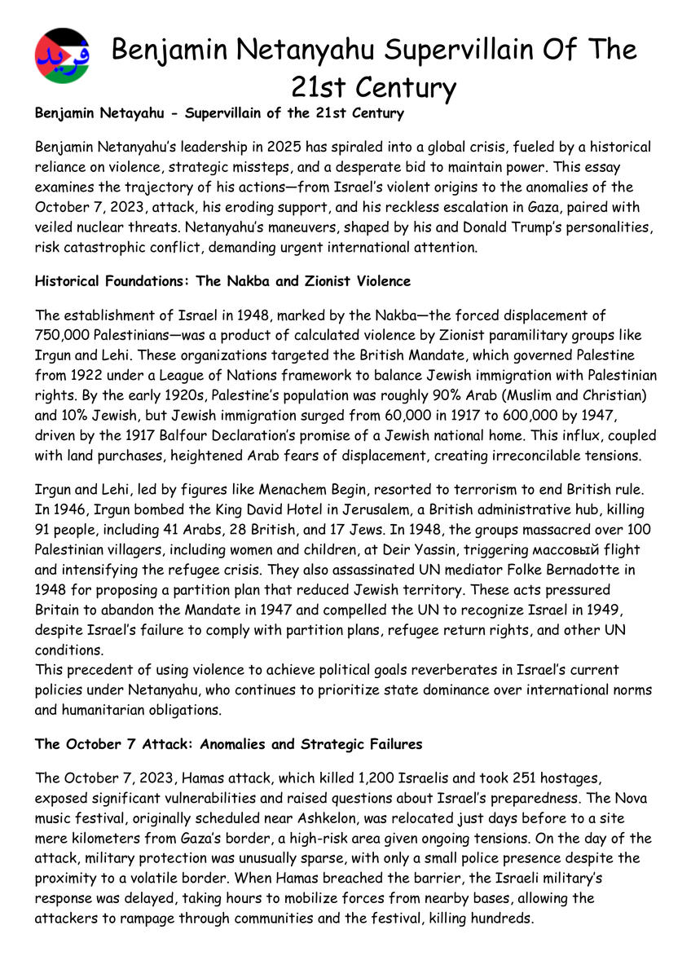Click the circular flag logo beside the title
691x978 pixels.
63,56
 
